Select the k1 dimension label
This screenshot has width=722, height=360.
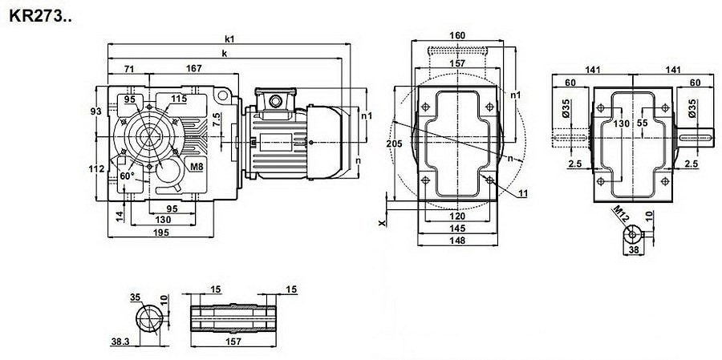coord(229,38)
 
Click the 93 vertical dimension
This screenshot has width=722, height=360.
coord(96,110)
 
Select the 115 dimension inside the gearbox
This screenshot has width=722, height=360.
coord(179,99)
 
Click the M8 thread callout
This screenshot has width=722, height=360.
coord(195,165)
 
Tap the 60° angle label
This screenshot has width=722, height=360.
coord(127,175)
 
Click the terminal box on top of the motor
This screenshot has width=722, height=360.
coord(278,99)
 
